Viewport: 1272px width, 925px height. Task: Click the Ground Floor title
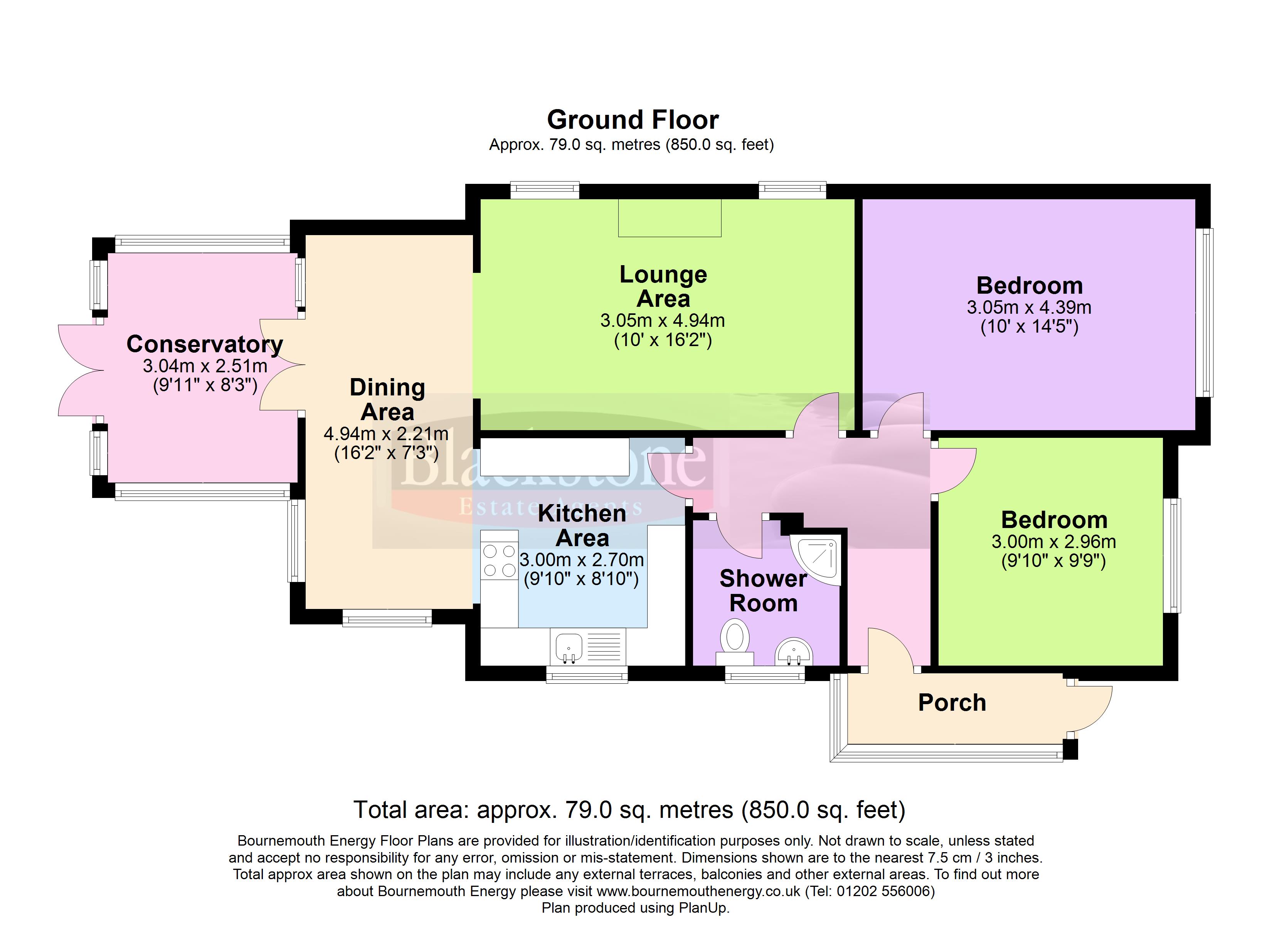(x=633, y=120)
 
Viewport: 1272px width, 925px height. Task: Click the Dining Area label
(x=387, y=399)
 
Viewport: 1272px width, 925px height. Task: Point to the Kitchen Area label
(x=582, y=526)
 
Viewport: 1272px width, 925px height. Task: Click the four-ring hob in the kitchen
(x=499, y=561)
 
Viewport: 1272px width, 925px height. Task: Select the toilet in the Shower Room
(x=735, y=643)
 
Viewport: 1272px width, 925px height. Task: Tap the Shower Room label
(x=763, y=591)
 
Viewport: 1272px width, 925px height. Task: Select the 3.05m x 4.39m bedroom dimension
(x=1029, y=308)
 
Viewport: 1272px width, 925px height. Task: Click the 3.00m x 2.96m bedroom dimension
(x=1054, y=542)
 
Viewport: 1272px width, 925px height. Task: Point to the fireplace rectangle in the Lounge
(x=670, y=218)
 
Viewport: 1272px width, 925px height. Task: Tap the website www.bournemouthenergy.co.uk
(x=698, y=891)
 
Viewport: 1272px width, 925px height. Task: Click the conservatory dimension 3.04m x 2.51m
(x=205, y=366)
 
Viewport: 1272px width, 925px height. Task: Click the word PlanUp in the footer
(x=702, y=908)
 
